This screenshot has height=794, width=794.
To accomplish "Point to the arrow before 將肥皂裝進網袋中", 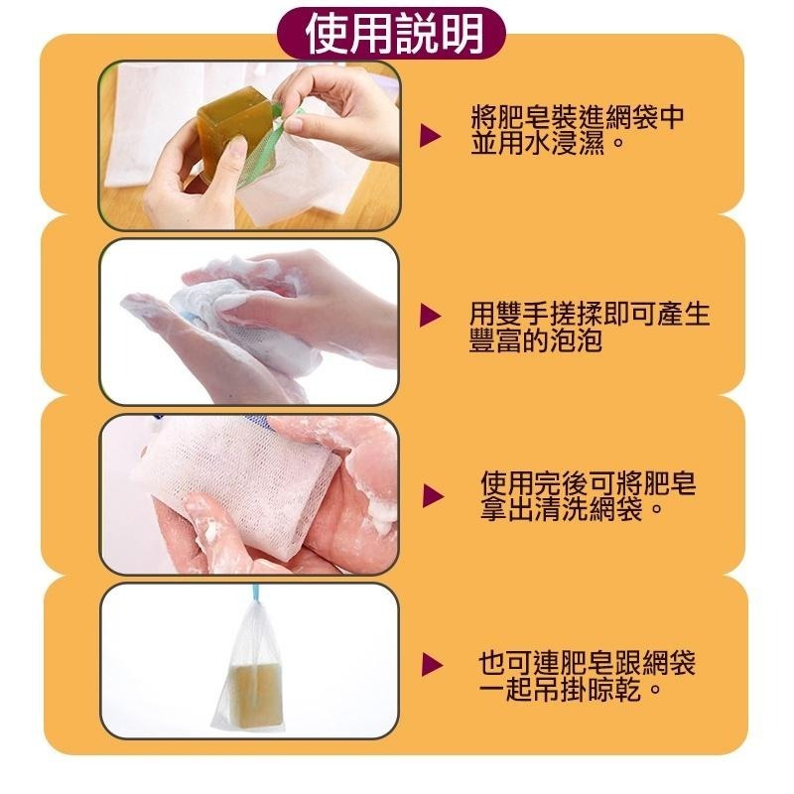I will [430, 133].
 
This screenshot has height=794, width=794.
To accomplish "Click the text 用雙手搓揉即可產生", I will [590, 316].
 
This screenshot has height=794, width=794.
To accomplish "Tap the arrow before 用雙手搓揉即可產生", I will [430, 317].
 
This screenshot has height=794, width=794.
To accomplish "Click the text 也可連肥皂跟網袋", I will [588, 662].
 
